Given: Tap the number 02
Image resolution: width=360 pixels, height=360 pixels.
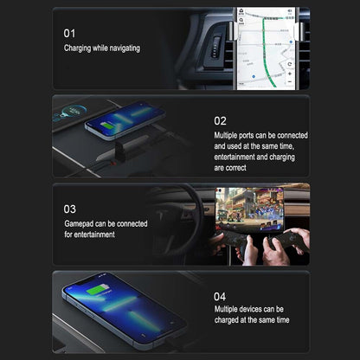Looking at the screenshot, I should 220,121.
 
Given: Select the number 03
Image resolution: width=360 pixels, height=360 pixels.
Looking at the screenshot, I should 69,209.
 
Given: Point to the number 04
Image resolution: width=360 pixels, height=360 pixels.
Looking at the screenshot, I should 220,295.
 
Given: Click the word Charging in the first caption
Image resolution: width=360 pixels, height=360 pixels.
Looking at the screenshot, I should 79,48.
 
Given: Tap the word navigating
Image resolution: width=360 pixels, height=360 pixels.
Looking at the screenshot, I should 121,48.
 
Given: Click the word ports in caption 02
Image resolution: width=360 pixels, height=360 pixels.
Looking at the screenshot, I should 247,136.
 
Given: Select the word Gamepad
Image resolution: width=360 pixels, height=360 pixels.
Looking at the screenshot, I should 80,223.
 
